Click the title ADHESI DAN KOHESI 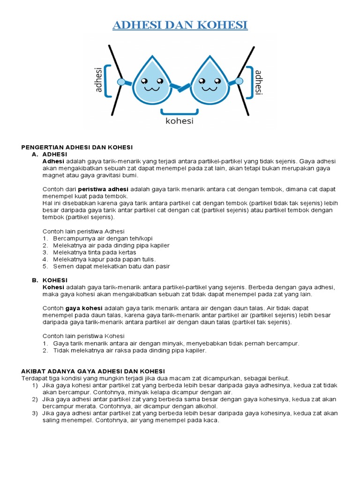180,25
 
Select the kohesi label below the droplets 180,121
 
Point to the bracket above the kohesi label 180,112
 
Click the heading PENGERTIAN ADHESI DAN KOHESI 77,147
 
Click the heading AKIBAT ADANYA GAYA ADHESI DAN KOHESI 93,371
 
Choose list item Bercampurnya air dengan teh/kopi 103,238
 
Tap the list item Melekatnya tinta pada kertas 95,252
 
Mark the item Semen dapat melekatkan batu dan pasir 111,266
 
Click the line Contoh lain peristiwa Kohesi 83,336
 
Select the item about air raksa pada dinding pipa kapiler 129,350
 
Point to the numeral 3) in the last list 35,413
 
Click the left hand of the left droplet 121,82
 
